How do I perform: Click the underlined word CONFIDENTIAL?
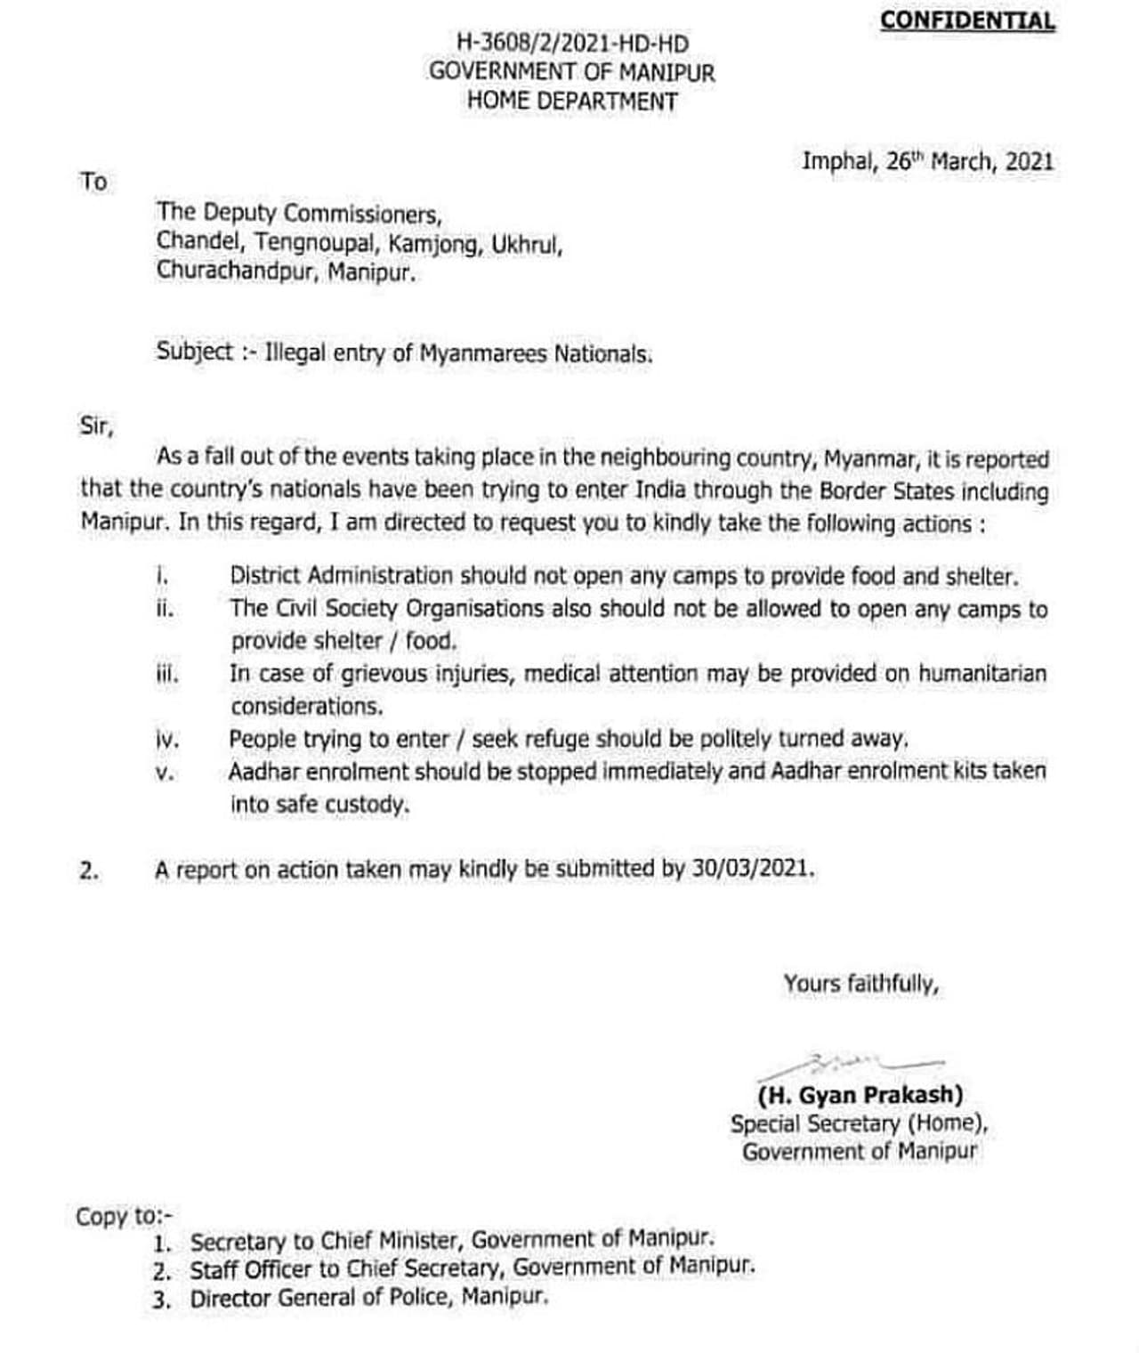(x=967, y=20)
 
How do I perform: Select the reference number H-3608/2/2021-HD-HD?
(x=572, y=42)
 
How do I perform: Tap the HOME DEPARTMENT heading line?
(x=572, y=101)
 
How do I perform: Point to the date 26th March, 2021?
(x=969, y=162)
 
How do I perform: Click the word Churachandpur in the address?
(x=236, y=271)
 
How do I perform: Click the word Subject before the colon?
(x=195, y=352)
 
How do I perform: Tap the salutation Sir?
(x=96, y=425)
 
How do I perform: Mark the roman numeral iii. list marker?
(x=166, y=675)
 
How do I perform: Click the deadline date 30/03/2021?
(x=751, y=869)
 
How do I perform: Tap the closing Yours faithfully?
(x=860, y=984)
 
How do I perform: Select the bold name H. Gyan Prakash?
(x=860, y=1094)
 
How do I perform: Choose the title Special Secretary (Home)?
(x=859, y=1123)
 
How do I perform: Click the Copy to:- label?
(x=125, y=1215)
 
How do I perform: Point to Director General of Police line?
(x=368, y=1298)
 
